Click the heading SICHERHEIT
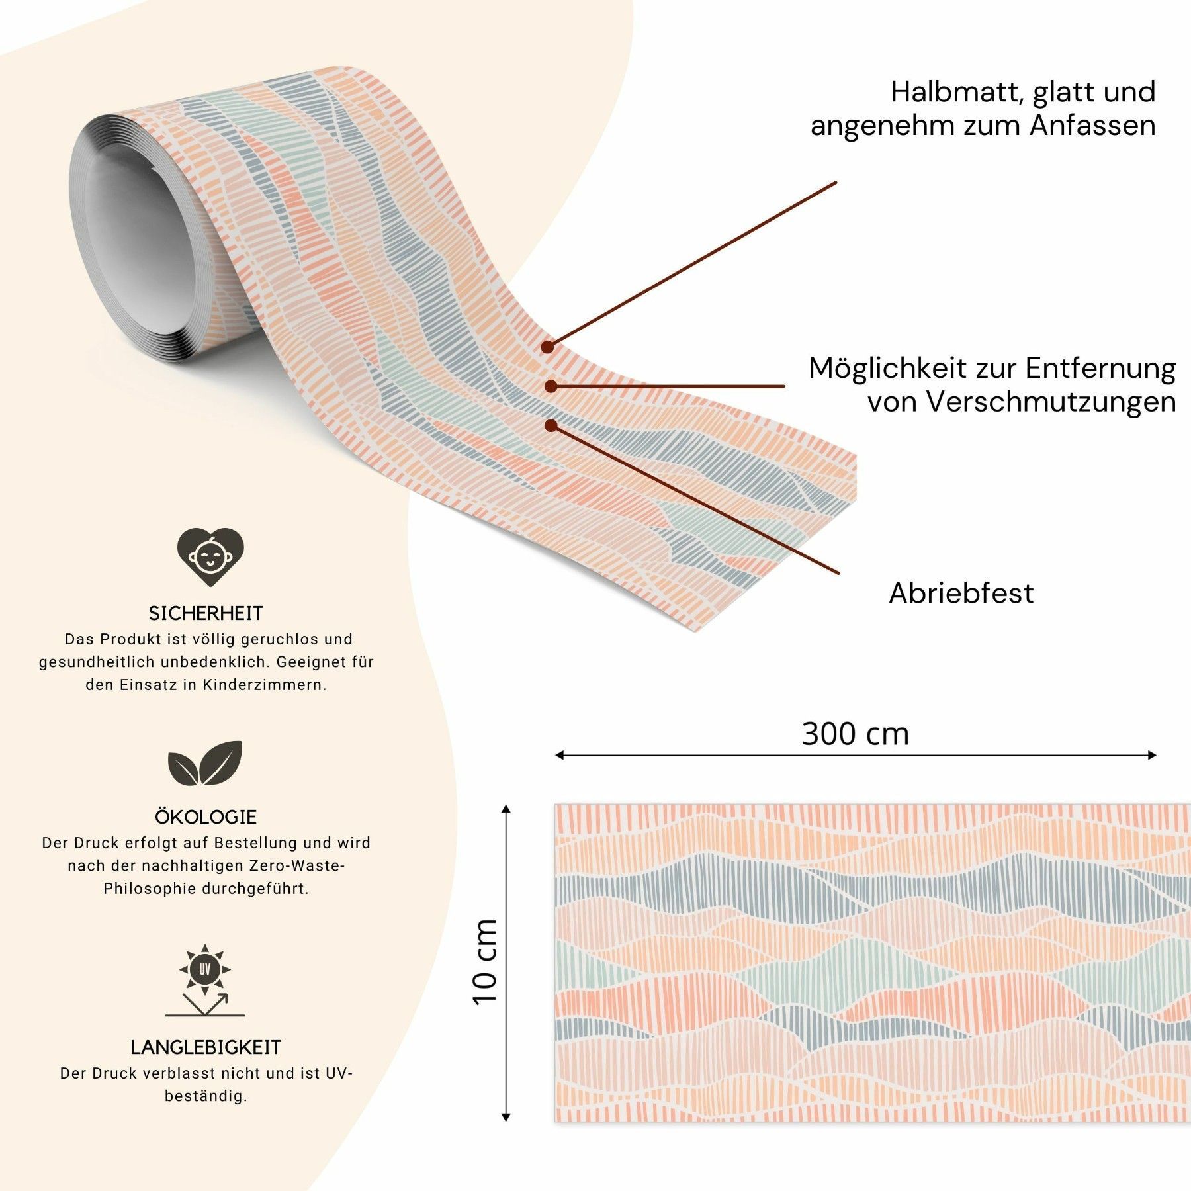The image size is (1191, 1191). click(206, 613)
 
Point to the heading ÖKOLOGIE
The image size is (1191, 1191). click(206, 817)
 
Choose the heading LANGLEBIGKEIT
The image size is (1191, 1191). click(206, 1047)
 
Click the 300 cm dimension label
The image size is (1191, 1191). click(855, 734)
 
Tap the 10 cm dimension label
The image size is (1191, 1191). click(485, 962)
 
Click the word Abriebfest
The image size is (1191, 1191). click(961, 593)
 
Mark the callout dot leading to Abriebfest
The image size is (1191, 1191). click(551, 425)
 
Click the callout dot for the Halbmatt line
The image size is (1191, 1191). click(547, 346)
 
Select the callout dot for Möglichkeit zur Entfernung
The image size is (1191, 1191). click(550, 386)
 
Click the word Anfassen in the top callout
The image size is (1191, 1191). click(1093, 126)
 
